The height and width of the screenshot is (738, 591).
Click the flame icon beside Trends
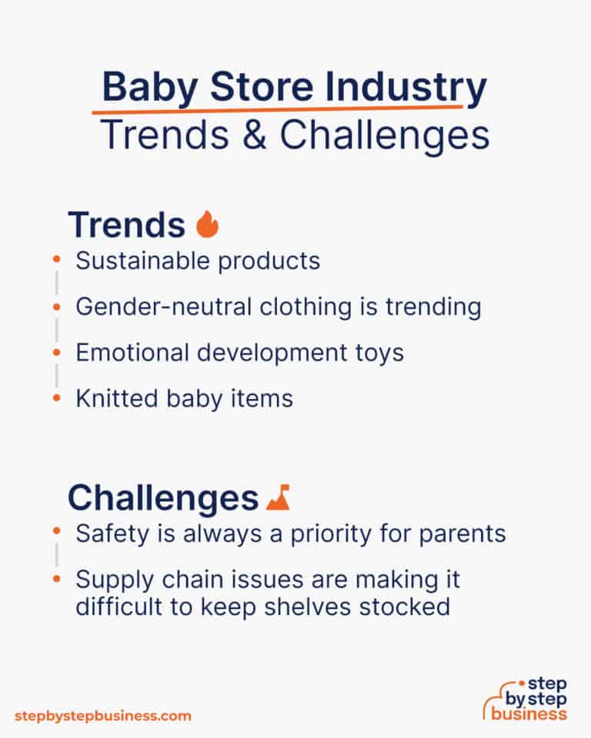point(207,224)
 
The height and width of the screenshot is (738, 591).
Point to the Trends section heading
point(126,224)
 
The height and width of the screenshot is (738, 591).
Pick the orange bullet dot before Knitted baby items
point(56,398)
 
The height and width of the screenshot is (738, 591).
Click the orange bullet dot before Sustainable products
point(56,261)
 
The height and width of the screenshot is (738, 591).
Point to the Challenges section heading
point(162,498)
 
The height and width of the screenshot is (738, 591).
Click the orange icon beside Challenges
point(277,498)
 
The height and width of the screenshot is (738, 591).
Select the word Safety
point(104,534)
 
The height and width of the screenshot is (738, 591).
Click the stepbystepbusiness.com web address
point(102,716)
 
